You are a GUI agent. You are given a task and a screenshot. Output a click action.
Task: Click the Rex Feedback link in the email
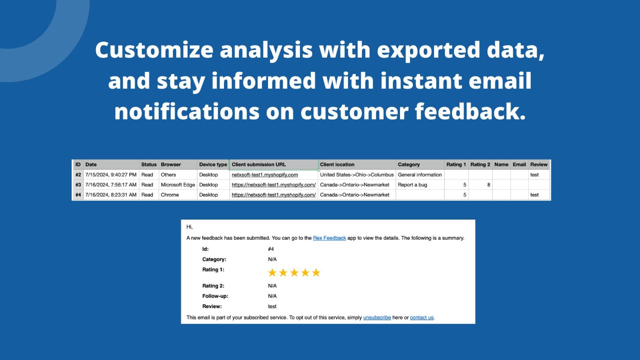point(329,238)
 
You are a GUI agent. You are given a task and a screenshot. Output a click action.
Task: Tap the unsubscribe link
point(377,318)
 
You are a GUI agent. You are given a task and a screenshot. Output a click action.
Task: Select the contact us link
point(422,318)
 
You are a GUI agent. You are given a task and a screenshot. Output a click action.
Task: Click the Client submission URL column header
point(259,164)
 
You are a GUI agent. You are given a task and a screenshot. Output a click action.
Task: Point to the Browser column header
point(171,164)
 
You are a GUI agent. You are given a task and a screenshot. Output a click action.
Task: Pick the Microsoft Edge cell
point(178,185)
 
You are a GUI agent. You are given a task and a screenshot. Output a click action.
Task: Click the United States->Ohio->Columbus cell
point(357,175)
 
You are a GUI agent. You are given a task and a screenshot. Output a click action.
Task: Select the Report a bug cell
point(412,185)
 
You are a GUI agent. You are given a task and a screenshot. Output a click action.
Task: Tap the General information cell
point(420,175)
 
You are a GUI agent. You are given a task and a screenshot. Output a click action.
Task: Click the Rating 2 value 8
point(488,185)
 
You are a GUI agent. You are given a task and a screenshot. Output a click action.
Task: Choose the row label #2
point(78,175)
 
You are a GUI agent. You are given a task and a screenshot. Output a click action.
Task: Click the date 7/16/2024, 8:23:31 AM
point(111,195)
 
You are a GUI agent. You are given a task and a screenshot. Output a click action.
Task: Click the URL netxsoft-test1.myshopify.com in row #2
point(265,175)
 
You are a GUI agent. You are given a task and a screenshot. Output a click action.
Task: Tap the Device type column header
point(213,164)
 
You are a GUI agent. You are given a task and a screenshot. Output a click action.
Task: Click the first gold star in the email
point(272,273)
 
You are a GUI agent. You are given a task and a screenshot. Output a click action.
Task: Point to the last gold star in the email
point(316,273)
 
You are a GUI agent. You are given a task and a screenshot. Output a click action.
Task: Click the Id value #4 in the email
point(271,249)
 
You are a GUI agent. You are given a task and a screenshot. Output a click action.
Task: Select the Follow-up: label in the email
point(215,296)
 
